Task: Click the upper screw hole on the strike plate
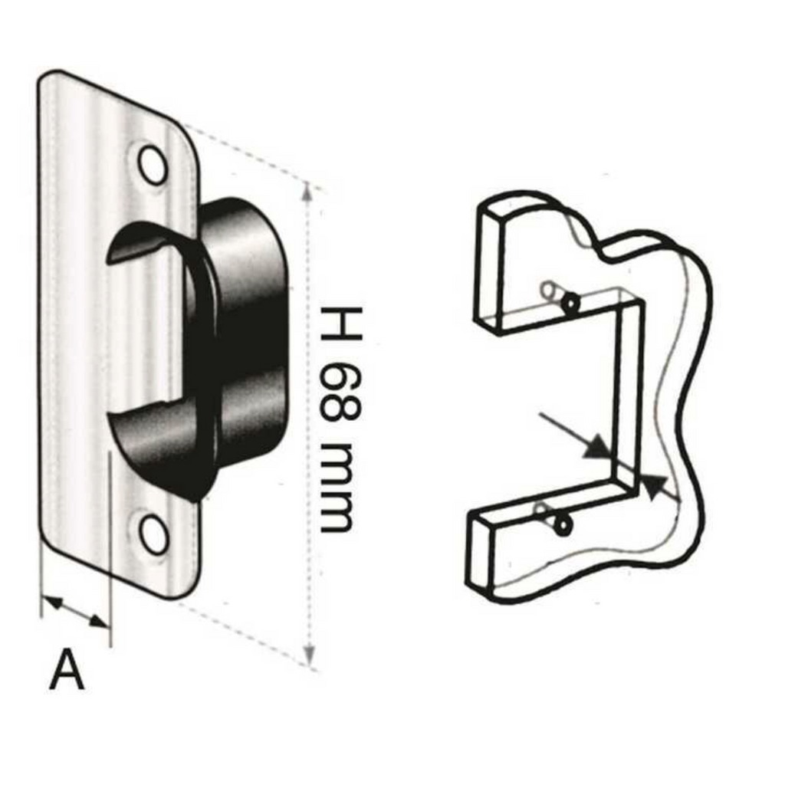coord(153,165)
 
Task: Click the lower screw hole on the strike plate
coord(153,534)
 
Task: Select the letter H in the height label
coord(341,324)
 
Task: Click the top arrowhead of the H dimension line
coord(308,191)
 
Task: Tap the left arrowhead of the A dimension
coord(52,603)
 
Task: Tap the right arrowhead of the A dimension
coord(99,622)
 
